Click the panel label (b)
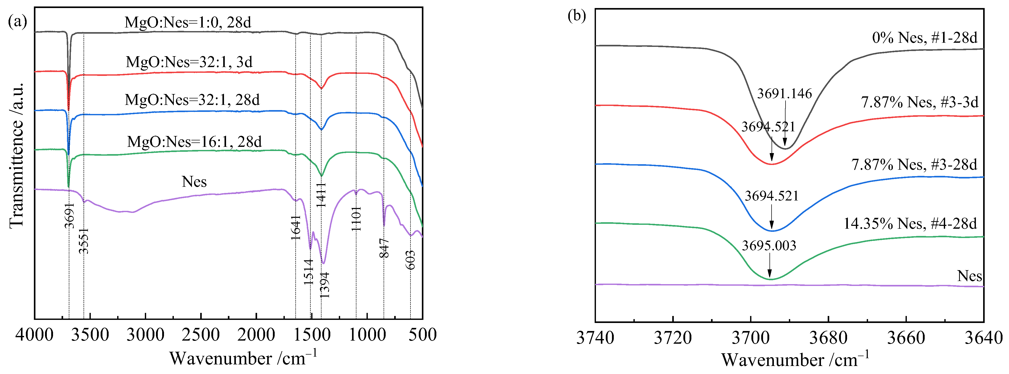tap(577, 16)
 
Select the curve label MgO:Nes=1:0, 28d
tap(188, 22)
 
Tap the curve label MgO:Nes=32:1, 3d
tap(189, 62)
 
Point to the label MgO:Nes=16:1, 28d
tap(194, 141)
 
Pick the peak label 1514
tap(309, 271)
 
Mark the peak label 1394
tap(324, 285)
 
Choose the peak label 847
tap(384, 248)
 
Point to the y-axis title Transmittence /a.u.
tap(17, 155)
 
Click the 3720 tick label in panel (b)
tap(672, 337)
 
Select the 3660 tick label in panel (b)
tap(906, 337)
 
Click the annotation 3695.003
tap(769, 246)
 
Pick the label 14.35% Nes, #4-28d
tap(910, 224)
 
